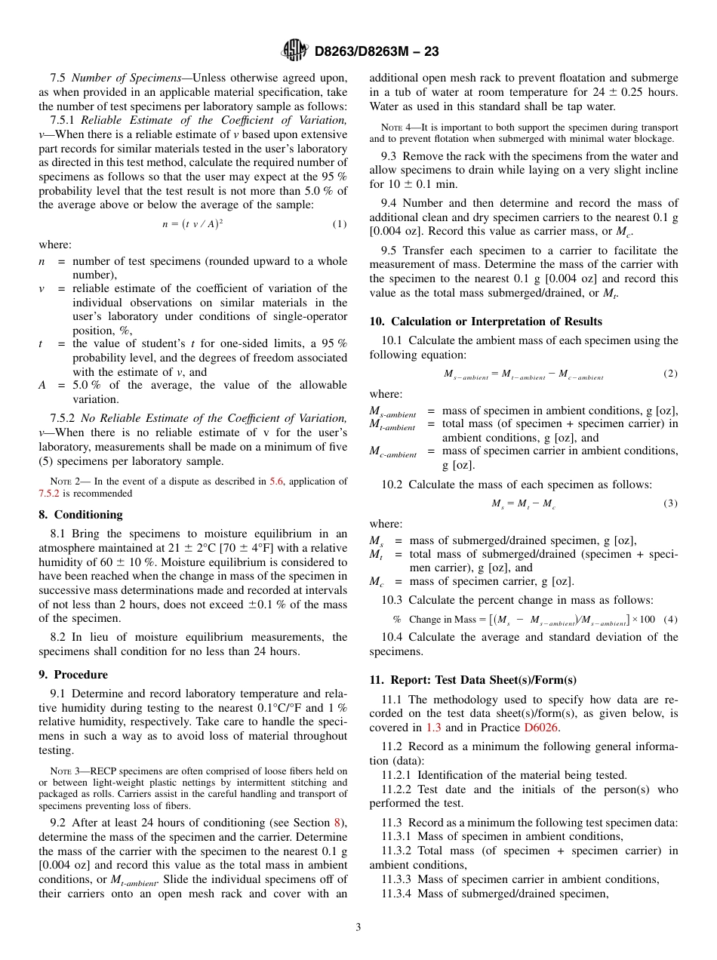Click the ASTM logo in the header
tap(294, 51)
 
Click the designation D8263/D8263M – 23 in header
tap(376, 51)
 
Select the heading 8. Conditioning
tap(80, 514)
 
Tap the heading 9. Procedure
tap(73, 674)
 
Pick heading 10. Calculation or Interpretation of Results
tap(485, 322)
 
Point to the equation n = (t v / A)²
tap(192, 223)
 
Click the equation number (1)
tap(340, 224)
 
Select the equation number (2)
tap(670, 374)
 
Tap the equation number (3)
tap(670, 503)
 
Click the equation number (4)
tap(670, 619)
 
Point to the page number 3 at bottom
tap(358, 927)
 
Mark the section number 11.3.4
tap(396, 894)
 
